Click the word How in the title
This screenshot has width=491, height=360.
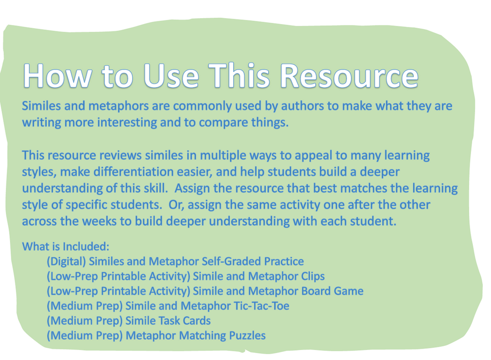tap(58, 75)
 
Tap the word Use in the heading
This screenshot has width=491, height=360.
tap(171, 75)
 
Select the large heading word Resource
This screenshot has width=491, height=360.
tap(349, 75)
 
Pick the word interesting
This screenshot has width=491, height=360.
tap(127, 122)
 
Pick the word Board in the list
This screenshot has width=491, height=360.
tap(316, 291)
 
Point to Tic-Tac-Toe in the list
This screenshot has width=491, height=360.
tap(261, 305)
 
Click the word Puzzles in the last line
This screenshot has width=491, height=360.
tap(247, 335)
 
